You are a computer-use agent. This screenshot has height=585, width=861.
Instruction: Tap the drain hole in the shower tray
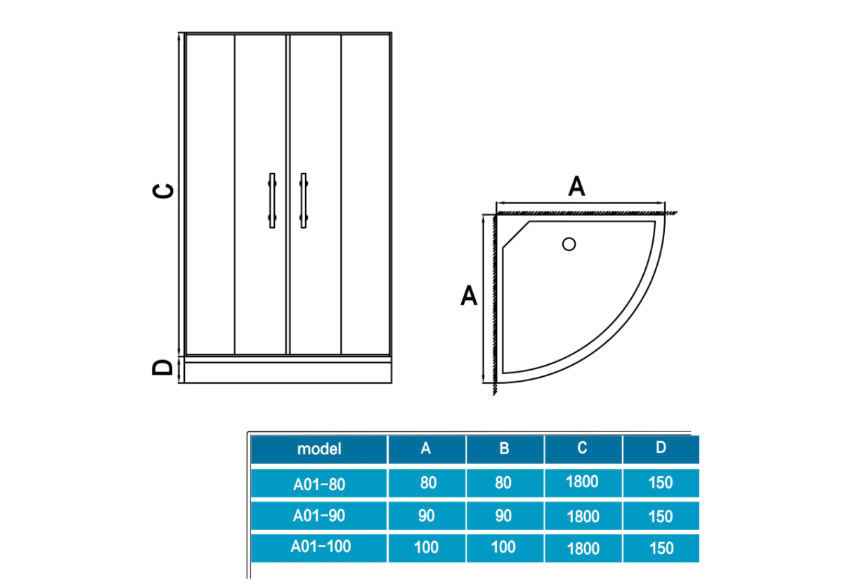click(569, 245)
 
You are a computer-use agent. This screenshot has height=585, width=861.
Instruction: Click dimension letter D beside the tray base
click(163, 367)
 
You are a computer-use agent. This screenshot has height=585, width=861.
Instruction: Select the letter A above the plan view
click(576, 187)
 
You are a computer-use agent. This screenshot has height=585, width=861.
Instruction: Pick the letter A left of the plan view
click(469, 295)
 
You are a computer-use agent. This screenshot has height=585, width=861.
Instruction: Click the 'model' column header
click(319, 449)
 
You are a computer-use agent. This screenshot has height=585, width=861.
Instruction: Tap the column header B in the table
click(504, 449)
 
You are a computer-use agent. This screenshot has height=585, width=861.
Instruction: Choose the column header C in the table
click(582, 448)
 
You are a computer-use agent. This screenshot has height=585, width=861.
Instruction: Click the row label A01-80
click(319, 484)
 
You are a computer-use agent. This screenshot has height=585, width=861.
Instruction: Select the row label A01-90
click(319, 515)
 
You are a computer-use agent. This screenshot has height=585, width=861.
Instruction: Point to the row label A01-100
click(321, 546)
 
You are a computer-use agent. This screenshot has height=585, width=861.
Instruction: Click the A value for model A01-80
click(427, 483)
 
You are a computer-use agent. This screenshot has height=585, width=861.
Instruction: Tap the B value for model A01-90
click(503, 515)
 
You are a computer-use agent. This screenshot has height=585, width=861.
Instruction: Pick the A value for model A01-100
click(427, 547)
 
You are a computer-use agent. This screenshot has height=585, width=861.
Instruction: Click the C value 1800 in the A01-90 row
click(583, 517)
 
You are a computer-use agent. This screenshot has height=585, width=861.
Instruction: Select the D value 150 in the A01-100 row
click(661, 548)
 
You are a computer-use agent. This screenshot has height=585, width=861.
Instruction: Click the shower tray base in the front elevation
click(287, 370)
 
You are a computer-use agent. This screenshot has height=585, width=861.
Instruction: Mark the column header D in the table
click(661, 447)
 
